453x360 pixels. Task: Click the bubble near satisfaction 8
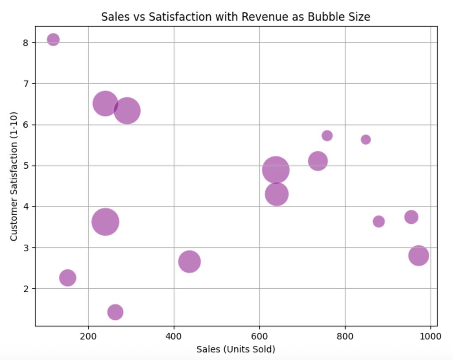pyautogui.click(x=53, y=39)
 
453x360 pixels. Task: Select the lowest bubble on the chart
pyautogui.click(x=115, y=312)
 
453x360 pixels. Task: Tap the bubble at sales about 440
pyautogui.click(x=189, y=261)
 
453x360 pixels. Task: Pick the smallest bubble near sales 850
pyautogui.click(x=365, y=139)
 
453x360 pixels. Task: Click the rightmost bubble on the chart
pyautogui.click(x=418, y=255)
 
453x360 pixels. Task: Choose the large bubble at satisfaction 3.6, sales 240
pyautogui.click(x=105, y=222)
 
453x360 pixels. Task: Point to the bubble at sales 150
pyautogui.click(x=67, y=278)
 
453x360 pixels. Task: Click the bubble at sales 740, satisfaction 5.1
pyautogui.click(x=318, y=161)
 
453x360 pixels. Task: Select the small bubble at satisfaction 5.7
pyautogui.click(x=327, y=135)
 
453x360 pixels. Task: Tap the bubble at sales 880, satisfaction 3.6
pyautogui.click(x=379, y=221)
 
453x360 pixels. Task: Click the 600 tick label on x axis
pyautogui.click(x=259, y=336)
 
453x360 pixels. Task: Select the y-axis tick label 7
pyautogui.click(x=26, y=83)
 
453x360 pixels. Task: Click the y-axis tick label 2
pyautogui.click(x=26, y=288)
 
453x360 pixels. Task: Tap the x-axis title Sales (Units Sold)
pyautogui.click(x=236, y=349)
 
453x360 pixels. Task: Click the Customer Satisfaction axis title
pyautogui.click(x=14, y=176)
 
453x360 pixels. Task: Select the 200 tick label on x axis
pyautogui.click(x=88, y=336)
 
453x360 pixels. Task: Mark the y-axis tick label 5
pyautogui.click(x=26, y=166)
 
